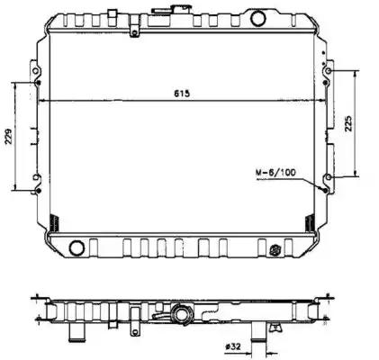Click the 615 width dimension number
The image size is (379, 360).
(182, 94)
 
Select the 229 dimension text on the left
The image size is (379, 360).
(9, 137)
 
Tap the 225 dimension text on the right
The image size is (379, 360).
(349, 123)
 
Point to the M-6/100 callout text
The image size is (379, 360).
(275, 173)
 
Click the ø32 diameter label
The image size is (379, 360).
(232, 346)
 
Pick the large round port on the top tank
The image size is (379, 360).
(258, 18)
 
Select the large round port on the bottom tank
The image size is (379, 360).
(77, 248)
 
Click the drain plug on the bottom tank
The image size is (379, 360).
(275, 249)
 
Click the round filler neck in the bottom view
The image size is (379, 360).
(182, 315)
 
